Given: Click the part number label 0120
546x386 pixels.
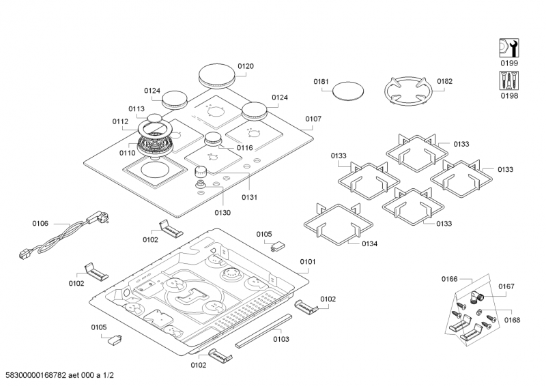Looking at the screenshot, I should pyautogui.click(x=246, y=66).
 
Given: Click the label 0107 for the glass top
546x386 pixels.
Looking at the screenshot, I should pyautogui.click(x=313, y=119).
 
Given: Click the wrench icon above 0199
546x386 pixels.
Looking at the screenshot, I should pyautogui.click(x=509, y=48).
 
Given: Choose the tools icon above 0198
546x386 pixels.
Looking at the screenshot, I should pyautogui.click(x=509, y=81).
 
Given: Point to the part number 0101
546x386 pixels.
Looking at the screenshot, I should pyautogui.click(x=308, y=261).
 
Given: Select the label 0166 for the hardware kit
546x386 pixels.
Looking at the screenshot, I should pyautogui.click(x=448, y=279).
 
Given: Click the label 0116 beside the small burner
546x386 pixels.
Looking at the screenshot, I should pyautogui.click(x=244, y=148).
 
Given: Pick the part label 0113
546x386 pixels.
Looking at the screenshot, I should pyautogui.click(x=136, y=109).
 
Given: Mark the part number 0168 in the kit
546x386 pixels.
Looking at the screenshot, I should pyautogui.click(x=513, y=319).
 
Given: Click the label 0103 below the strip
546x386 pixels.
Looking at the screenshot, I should pyautogui.click(x=281, y=339).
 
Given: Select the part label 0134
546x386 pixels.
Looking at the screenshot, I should pyautogui.click(x=369, y=243).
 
